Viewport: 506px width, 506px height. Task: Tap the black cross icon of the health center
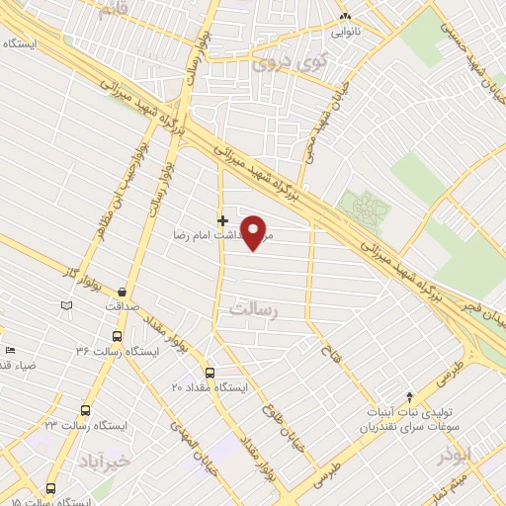coord(221,220)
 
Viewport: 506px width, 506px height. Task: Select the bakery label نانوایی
coord(346,30)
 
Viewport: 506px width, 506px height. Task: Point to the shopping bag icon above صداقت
coord(122,293)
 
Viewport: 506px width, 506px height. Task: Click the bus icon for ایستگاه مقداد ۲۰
coord(210,373)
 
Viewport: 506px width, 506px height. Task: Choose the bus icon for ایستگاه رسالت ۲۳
coord(84,409)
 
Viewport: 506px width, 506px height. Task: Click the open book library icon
coord(67,307)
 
